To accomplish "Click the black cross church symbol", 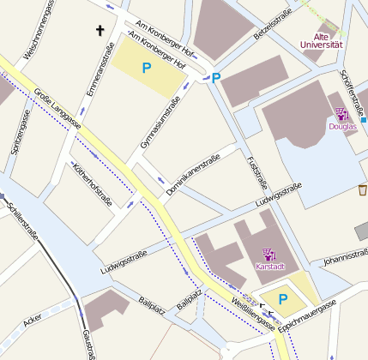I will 100,32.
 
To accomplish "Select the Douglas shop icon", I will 341,112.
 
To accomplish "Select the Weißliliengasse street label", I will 253,315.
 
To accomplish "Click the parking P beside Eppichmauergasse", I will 282,300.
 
